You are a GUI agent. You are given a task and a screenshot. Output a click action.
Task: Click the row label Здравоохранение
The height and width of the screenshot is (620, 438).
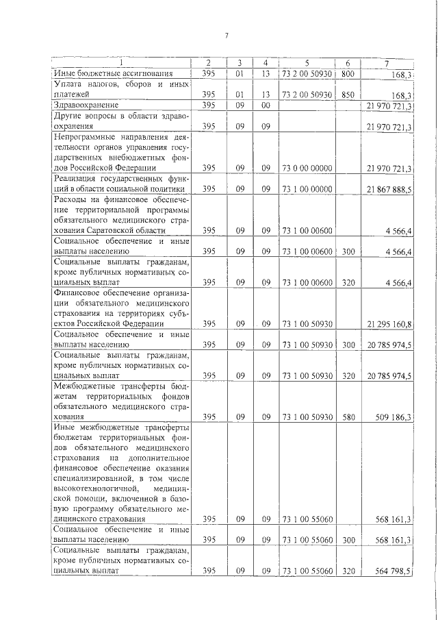(x=87, y=106)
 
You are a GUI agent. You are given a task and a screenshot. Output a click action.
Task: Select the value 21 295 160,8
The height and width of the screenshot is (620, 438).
(x=389, y=323)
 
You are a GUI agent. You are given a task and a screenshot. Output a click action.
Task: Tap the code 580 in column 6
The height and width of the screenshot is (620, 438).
(x=348, y=415)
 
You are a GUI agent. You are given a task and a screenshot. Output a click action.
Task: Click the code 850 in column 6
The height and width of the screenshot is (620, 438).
(x=348, y=95)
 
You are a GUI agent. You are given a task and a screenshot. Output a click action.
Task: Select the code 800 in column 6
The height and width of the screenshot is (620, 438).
(x=348, y=73)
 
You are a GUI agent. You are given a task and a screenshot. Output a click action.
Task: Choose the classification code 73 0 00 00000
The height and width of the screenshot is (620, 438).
(x=307, y=167)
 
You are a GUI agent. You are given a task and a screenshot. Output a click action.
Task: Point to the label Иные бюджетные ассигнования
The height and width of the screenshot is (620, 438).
(x=113, y=73)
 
